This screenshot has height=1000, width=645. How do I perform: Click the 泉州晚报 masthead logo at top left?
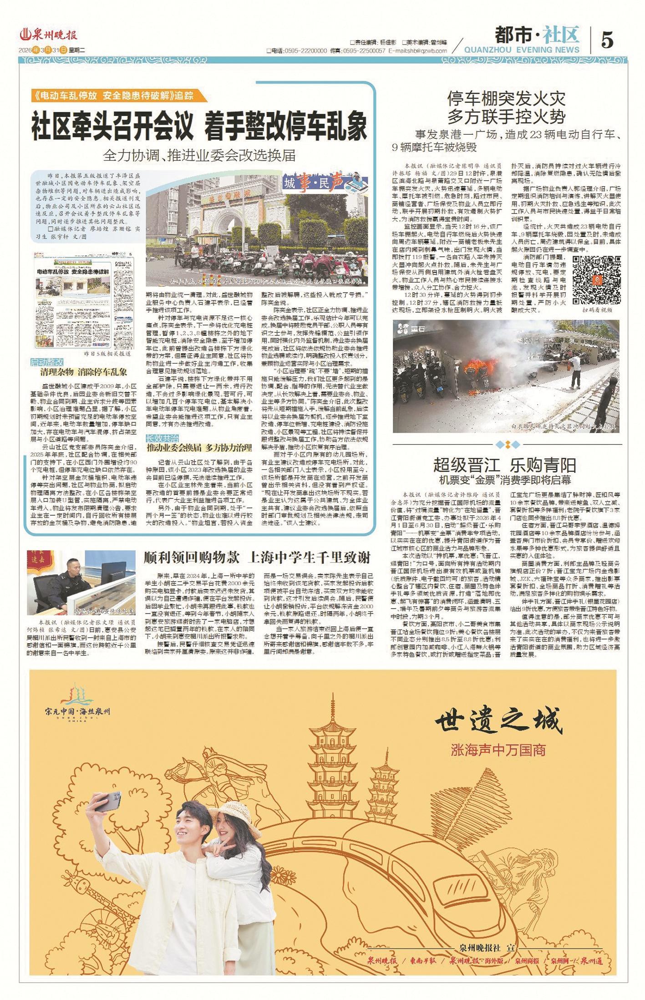49,35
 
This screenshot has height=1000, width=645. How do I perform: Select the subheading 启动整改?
47,362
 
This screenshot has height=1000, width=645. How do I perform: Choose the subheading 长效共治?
162,438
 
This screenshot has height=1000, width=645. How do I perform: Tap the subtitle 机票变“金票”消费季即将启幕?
504,480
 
